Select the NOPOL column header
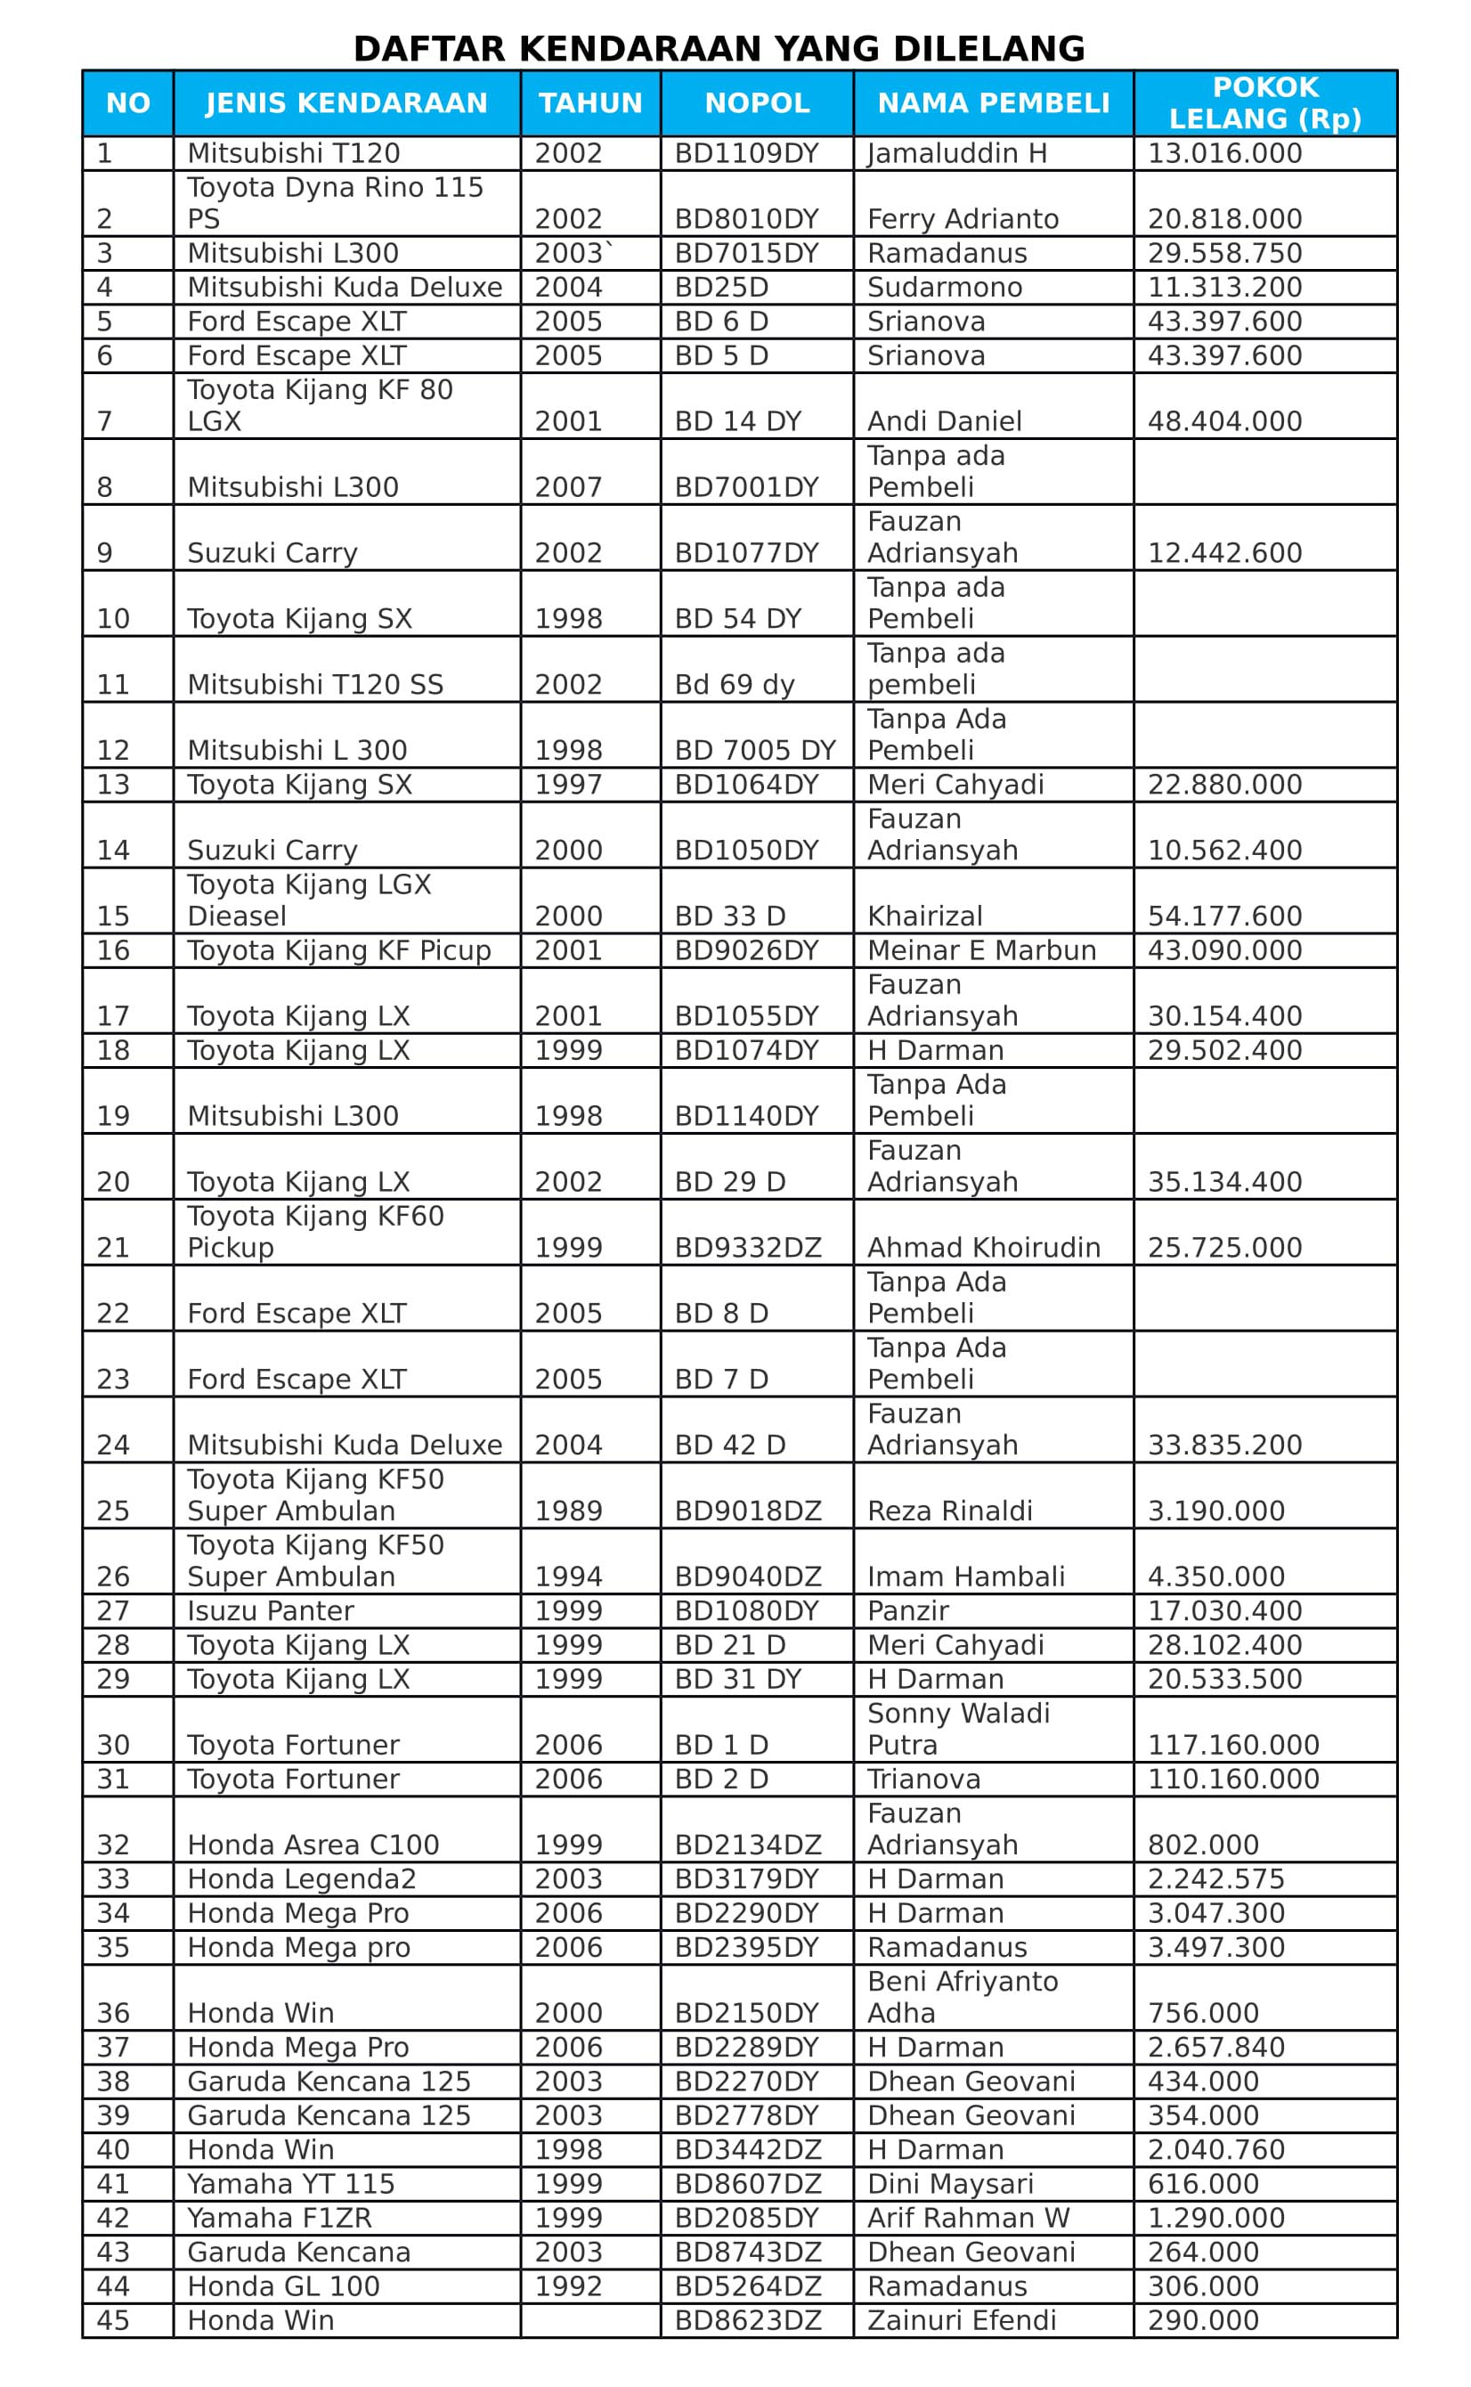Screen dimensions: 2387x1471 (x=757, y=103)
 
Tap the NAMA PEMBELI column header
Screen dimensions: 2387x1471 (x=994, y=103)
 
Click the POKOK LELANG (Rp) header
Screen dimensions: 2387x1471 (x=1264, y=103)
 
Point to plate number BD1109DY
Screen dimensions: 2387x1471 (x=747, y=154)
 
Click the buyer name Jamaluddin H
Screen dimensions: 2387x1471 (x=957, y=154)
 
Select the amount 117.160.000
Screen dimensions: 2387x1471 (x=1233, y=1745)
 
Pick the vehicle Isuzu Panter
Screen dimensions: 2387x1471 (x=271, y=1610)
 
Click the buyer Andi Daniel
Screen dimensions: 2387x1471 (x=944, y=421)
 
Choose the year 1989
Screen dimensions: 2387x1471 (x=568, y=1511)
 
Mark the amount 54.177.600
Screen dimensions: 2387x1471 (x=1225, y=917)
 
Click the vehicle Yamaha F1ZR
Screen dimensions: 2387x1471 (x=280, y=2218)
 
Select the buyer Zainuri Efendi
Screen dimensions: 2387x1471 (x=961, y=2320)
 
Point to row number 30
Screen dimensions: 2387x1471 (x=113, y=1745)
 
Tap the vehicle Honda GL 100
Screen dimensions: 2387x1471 (x=283, y=2285)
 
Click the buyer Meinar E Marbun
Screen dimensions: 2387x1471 (x=981, y=950)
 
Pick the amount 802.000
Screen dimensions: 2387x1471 (x=1204, y=1845)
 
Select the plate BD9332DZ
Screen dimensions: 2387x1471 (x=748, y=1248)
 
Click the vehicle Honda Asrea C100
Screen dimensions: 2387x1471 (x=313, y=1845)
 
